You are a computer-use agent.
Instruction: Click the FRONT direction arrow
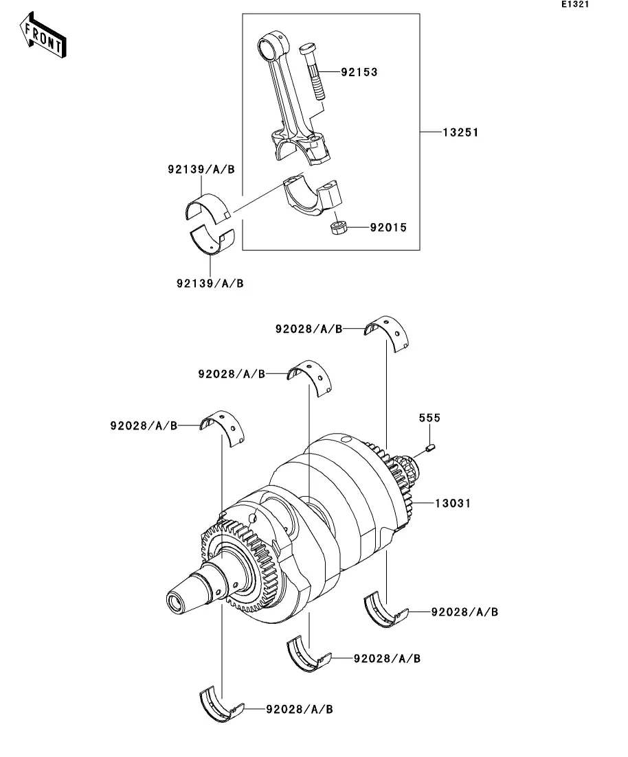coord(43,34)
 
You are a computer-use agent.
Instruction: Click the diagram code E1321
coord(575,4)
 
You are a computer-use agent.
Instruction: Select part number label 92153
coord(359,72)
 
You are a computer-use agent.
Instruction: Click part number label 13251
coord(461,132)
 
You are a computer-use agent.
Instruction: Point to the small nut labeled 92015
coord(339,227)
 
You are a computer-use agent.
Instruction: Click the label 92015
coord(389,227)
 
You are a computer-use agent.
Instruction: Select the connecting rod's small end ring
coord(269,46)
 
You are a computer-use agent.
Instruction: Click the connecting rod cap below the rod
coord(312,196)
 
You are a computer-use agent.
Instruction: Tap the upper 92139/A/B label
coord(201,170)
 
